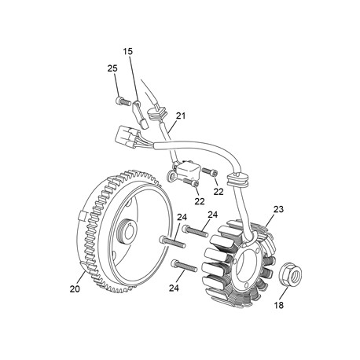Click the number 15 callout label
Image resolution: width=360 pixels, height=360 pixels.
[128, 51]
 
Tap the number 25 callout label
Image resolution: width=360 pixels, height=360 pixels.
[112, 68]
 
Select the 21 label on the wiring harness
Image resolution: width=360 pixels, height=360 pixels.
[181, 116]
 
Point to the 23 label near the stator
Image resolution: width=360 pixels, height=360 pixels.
[278, 209]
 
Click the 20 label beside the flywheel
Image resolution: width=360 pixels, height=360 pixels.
[75, 289]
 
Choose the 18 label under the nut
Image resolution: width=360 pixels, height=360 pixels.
[279, 305]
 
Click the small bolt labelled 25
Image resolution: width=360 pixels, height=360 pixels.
[123, 101]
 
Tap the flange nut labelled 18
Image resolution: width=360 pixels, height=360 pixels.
[291, 274]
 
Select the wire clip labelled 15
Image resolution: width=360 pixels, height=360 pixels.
[141, 115]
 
